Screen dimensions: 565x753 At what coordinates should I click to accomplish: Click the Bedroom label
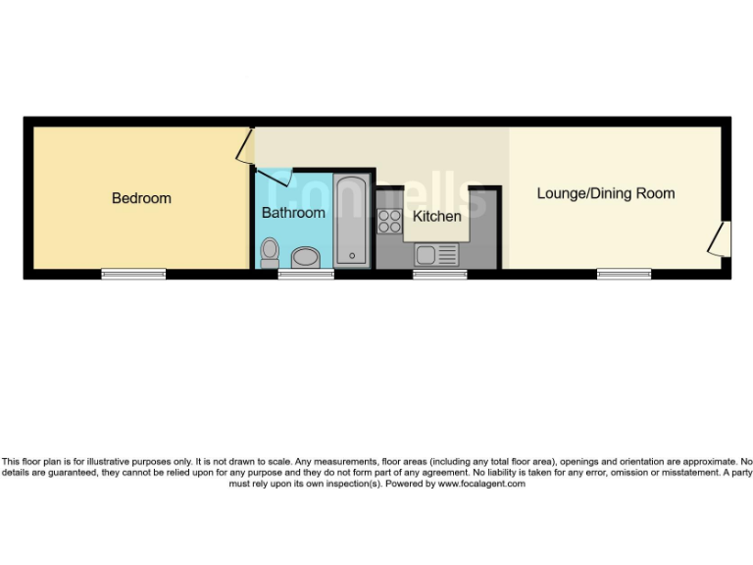(141, 198)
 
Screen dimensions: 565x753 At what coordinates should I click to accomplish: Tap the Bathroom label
(293, 212)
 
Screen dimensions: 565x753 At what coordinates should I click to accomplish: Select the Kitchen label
(436, 216)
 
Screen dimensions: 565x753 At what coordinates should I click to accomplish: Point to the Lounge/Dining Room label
(605, 193)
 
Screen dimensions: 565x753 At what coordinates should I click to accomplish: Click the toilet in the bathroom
(270, 253)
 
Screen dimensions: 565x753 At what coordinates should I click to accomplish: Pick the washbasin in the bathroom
(305, 258)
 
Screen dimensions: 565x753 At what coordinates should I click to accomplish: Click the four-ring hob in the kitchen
(389, 222)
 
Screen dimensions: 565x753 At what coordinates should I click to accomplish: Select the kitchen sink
(427, 255)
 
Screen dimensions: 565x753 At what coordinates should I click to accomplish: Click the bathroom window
(306, 275)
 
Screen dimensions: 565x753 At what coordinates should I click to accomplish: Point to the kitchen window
(439, 275)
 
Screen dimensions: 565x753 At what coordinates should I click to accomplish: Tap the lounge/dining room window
(625, 275)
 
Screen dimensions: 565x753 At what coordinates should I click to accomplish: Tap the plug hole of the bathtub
(351, 257)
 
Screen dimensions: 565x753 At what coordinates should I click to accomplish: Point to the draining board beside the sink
(447, 255)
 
